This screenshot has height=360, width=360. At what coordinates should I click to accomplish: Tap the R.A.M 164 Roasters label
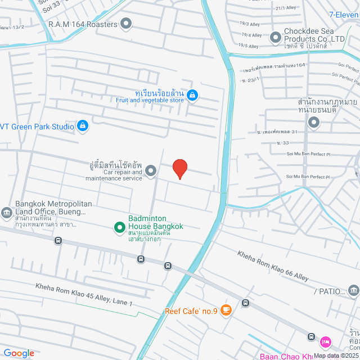coord(83,24)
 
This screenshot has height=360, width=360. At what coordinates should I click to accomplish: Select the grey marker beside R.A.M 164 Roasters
coord(126,24)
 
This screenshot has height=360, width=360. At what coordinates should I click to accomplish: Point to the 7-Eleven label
coord(344,16)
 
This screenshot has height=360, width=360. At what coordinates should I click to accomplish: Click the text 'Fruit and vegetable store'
coord(150,100)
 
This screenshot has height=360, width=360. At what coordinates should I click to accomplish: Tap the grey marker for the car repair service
coord(151,170)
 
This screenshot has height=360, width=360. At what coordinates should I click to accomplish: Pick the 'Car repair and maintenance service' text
coord(114,175)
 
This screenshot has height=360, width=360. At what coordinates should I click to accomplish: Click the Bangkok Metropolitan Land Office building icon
coord(7,212)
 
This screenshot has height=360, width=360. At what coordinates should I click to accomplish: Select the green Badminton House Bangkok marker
coord(119,227)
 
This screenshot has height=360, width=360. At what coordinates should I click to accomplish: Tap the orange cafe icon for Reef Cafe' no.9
coord(226,309)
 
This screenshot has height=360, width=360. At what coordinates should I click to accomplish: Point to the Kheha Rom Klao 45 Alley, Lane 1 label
coord(84,295)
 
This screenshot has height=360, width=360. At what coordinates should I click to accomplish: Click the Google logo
coord(19,353)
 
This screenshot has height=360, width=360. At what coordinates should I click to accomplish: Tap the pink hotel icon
coord(325,341)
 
